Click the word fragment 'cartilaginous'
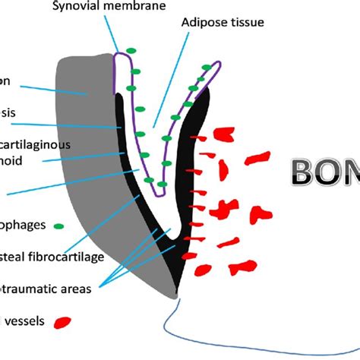click(36, 144)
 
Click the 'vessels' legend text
click(23, 322)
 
